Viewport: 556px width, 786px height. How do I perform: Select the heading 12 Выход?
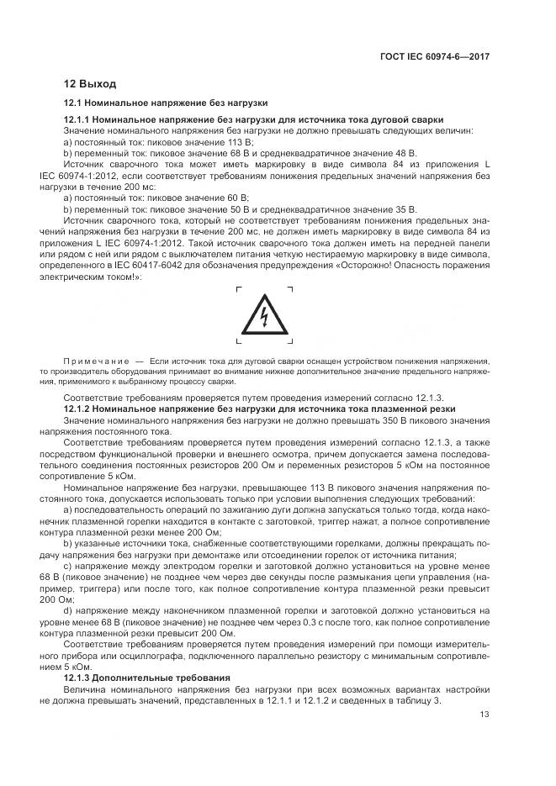tap(91, 83)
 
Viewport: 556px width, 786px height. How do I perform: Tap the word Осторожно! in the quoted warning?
tap(379, 263)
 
